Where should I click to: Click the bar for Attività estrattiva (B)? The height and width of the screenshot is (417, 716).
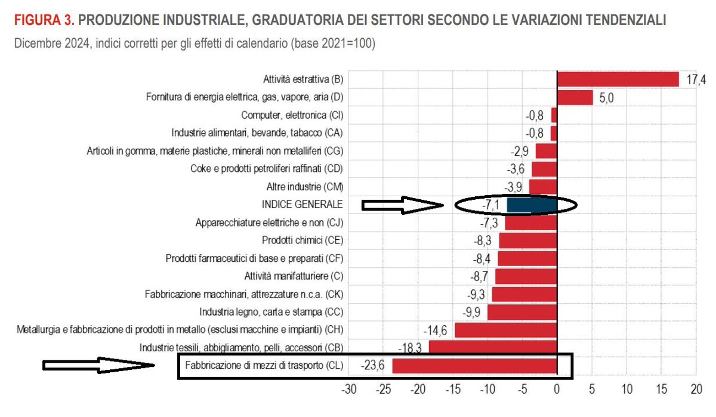click(618, 79)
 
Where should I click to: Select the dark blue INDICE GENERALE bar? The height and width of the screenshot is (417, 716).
click(532, 205)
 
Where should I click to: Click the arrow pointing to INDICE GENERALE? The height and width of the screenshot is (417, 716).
click(403, 205)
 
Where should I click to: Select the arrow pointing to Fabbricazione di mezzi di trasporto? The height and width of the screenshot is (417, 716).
click(98, 365)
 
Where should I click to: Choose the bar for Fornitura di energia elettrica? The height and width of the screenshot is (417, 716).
click(575, 97)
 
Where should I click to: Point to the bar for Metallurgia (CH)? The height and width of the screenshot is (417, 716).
click(505, 330)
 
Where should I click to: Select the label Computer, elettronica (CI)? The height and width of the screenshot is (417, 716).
click(292, 115)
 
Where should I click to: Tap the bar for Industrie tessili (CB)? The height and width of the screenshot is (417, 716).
click(492, 347)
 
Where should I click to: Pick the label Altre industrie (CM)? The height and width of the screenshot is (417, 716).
click(304, 187)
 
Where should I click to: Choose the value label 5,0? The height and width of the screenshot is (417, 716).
click(606, 98)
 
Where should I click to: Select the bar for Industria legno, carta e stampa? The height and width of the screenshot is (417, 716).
click(522, 312)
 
